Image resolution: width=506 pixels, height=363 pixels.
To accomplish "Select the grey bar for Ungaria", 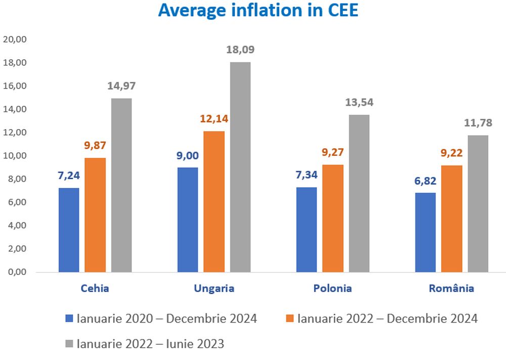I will tap(240, 167).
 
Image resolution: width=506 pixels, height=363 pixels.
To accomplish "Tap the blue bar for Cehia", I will tap(69, 230).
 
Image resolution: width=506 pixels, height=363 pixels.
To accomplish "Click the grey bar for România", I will tap(478, 204).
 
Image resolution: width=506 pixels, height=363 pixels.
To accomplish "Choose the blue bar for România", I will tap(425, 232).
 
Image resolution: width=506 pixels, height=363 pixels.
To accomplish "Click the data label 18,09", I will tap(240, 50).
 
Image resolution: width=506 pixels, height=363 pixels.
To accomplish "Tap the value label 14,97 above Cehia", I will tap(121, 86).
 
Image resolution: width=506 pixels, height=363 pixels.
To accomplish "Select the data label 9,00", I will tap(188, 155).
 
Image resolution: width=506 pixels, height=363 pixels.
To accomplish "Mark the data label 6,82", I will tap(425, 181).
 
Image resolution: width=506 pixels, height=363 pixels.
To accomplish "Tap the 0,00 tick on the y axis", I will tap(16, 272).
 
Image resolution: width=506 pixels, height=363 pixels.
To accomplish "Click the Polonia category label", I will tap(332, 289).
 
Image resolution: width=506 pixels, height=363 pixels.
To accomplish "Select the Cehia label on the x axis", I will tap(95, 289).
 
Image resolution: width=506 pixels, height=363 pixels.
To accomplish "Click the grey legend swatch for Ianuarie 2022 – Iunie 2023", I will tap(69, 344).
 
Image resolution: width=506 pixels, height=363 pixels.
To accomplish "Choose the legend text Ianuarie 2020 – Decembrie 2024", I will tap(167, 318).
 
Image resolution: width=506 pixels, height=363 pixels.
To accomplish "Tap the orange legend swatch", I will tap(289, 318).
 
